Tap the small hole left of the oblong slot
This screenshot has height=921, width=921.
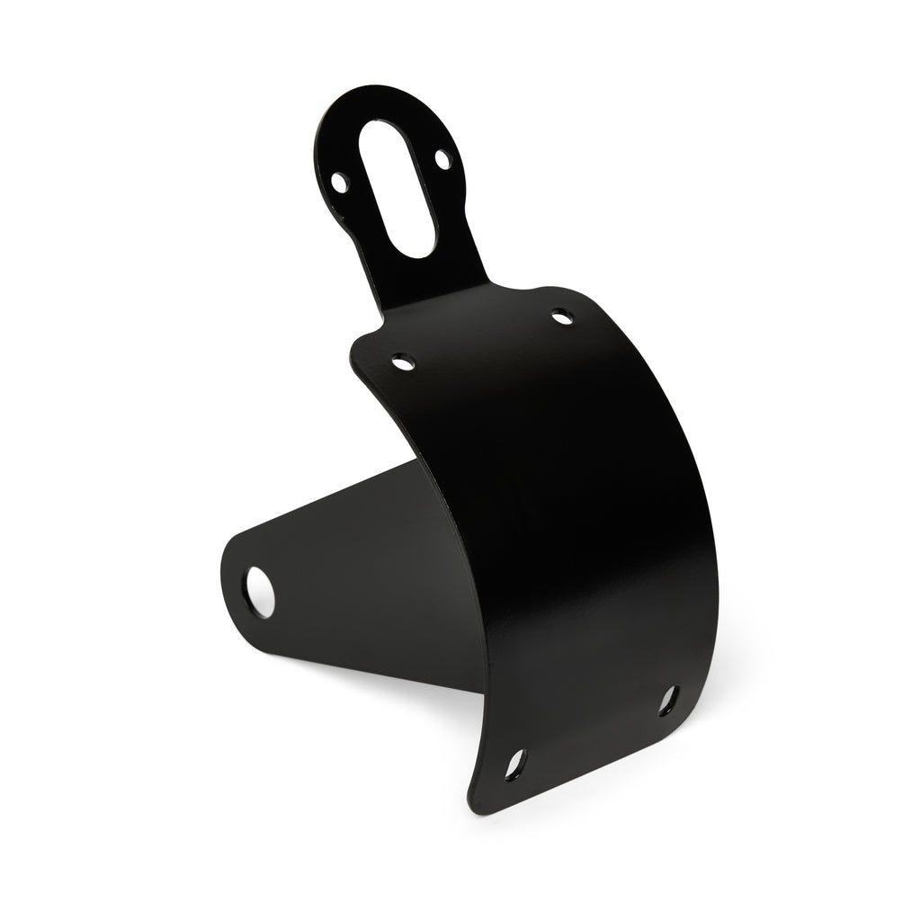point(339,183)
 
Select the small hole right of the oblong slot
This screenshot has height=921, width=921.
point(442,159)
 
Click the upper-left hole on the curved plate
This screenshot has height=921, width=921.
point(403,363)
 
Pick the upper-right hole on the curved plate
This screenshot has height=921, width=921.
point(562,317)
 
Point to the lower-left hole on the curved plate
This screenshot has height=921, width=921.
point(514,765)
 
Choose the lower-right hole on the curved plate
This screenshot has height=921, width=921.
point(668,700)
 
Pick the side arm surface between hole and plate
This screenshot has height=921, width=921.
point(360,576)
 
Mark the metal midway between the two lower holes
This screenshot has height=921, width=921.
point(592,733)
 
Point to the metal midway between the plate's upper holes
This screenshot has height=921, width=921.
point(483,340)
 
